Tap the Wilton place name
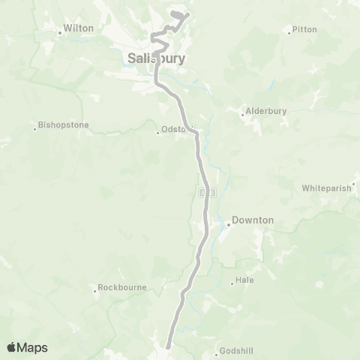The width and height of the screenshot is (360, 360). (79, 28)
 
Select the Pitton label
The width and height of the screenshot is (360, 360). (305, 29)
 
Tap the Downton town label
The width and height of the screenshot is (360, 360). (253, 220)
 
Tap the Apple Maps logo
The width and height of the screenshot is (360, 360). (27, 347)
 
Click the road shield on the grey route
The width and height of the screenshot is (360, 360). (208, 192)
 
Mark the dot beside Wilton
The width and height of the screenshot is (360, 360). (60, 32)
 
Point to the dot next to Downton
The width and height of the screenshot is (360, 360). (228, 223)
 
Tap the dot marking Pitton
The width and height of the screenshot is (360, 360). (289, 31)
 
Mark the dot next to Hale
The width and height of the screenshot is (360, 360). (232, 283)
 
